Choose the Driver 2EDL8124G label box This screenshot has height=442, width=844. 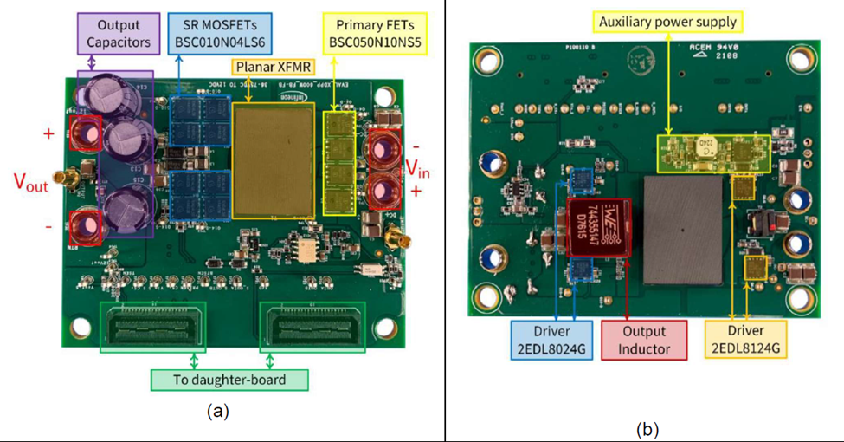744,340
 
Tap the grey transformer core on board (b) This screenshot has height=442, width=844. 683,230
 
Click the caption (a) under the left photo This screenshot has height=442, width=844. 218,412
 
